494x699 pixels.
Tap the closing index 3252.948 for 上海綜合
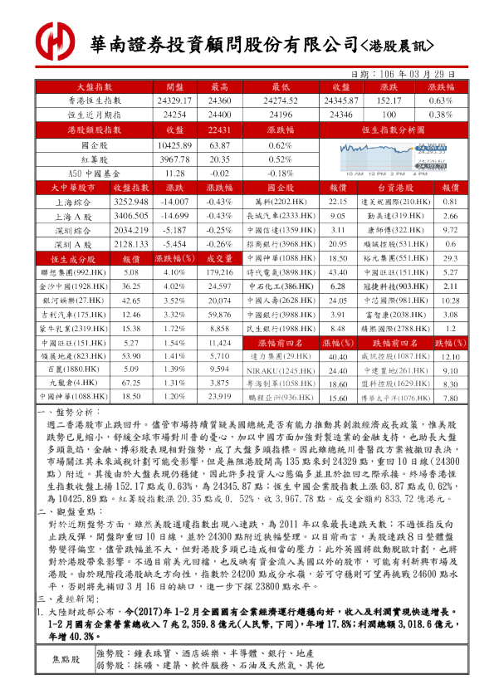(x=130, y=202)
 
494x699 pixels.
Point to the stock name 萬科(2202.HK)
(x=282, y=202)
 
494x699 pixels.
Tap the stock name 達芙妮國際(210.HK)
(x=395, y=202)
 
